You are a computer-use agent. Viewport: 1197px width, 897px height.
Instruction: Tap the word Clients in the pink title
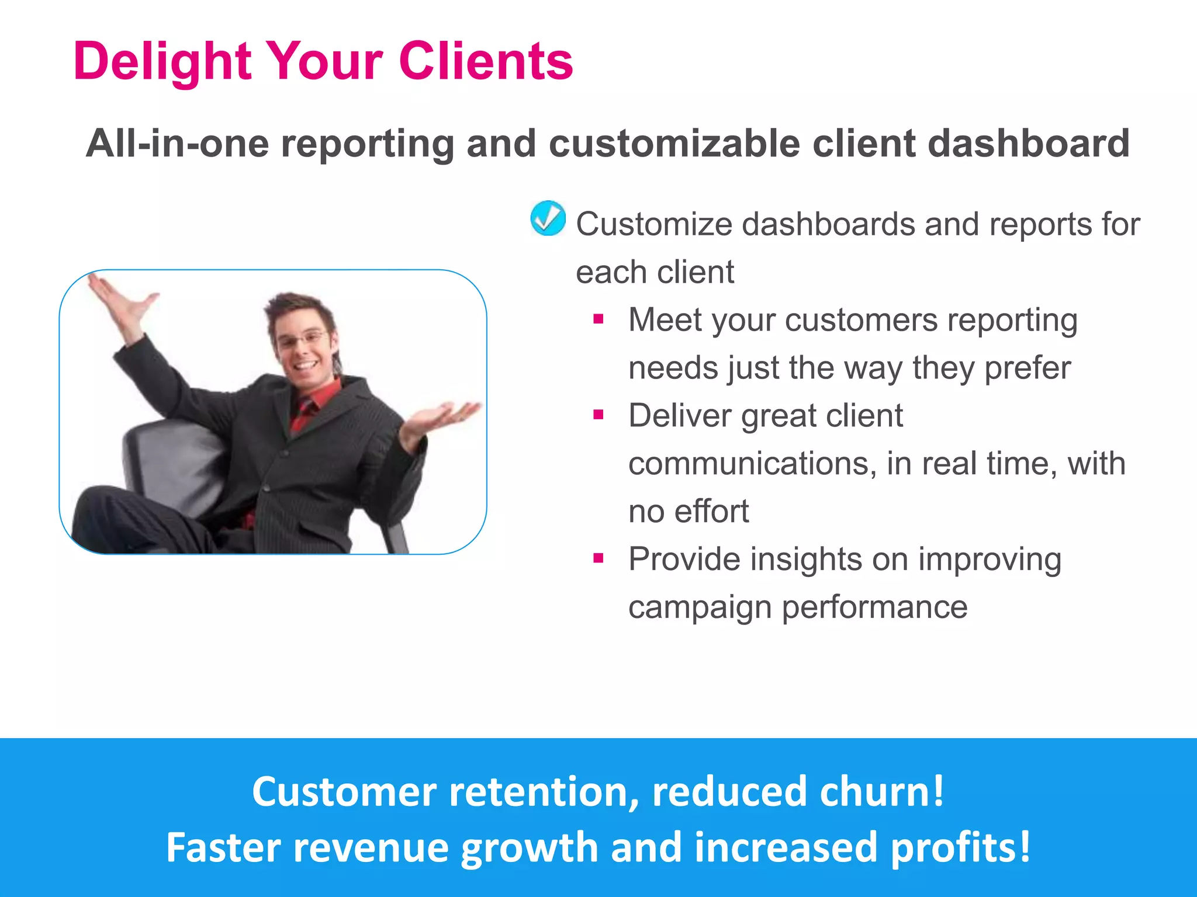point(485,61)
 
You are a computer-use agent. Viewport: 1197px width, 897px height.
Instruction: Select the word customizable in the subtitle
point(674,143)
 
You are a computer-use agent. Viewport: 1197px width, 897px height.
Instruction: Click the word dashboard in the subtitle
point(1028,143)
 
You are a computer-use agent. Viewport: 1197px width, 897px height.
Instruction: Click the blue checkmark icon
point(548,218)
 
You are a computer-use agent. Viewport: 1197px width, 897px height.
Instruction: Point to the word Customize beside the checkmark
point(653,224)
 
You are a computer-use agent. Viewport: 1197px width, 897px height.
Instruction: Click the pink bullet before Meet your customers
point(598,319)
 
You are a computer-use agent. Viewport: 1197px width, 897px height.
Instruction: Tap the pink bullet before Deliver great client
point(598,415)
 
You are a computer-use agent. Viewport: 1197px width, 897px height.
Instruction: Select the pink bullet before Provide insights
point(598,559)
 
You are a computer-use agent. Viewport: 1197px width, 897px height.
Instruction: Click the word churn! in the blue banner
point(881,791)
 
